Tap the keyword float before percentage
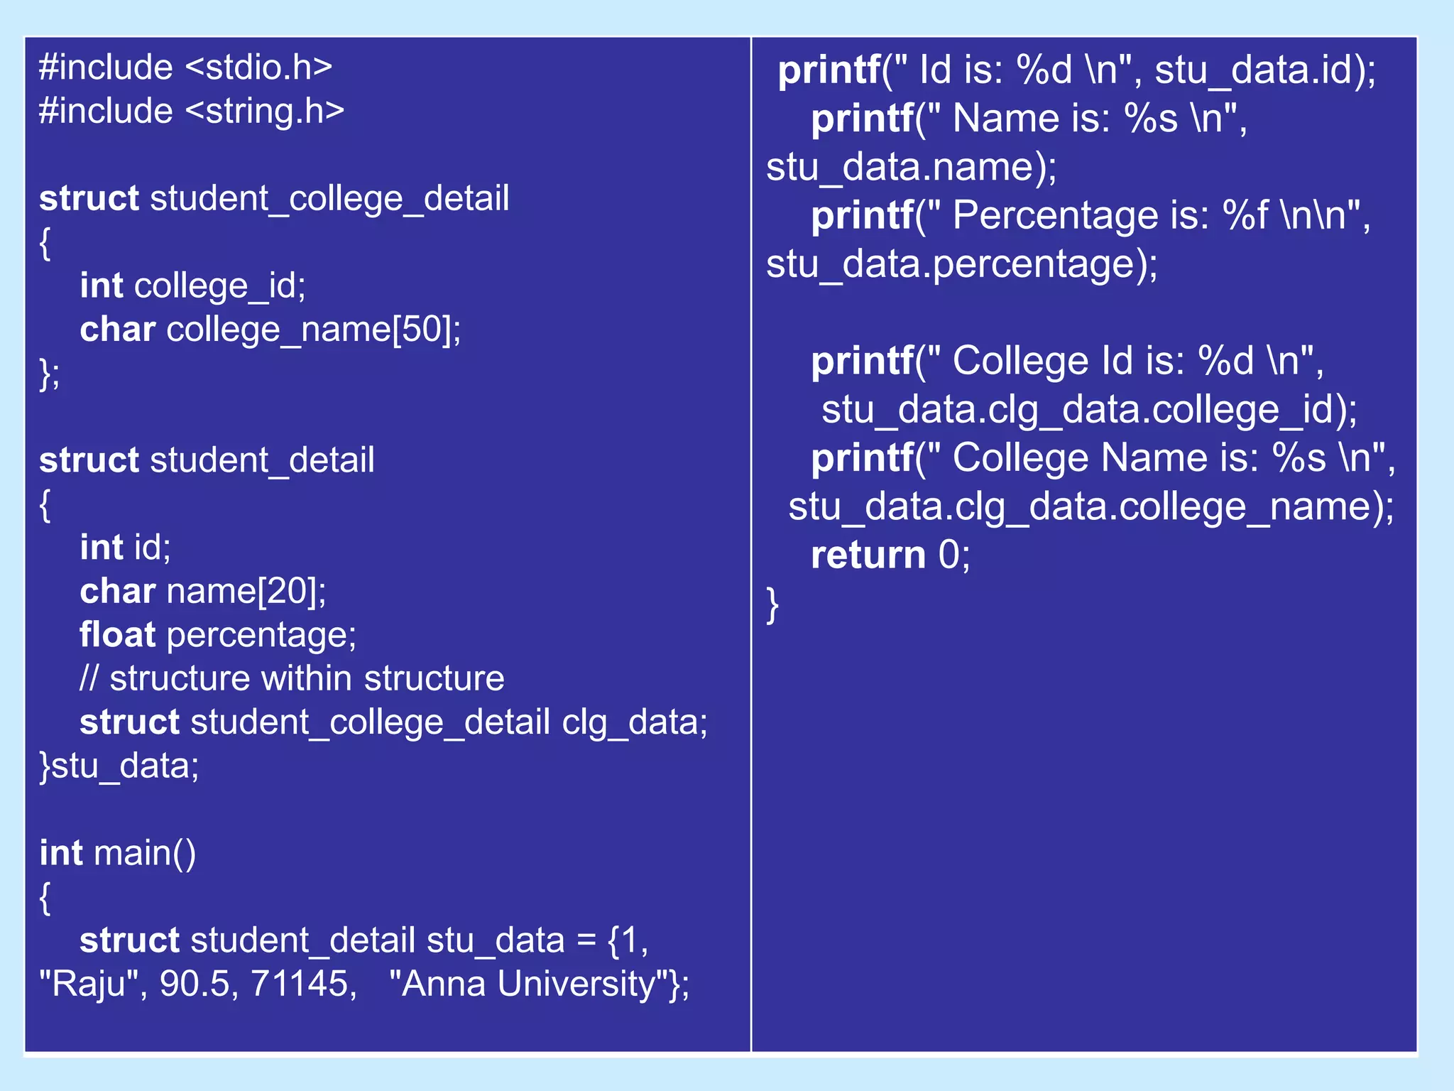(117, 634)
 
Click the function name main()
(145, 853)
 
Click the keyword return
(868, 555)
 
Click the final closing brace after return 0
(772, 604)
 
